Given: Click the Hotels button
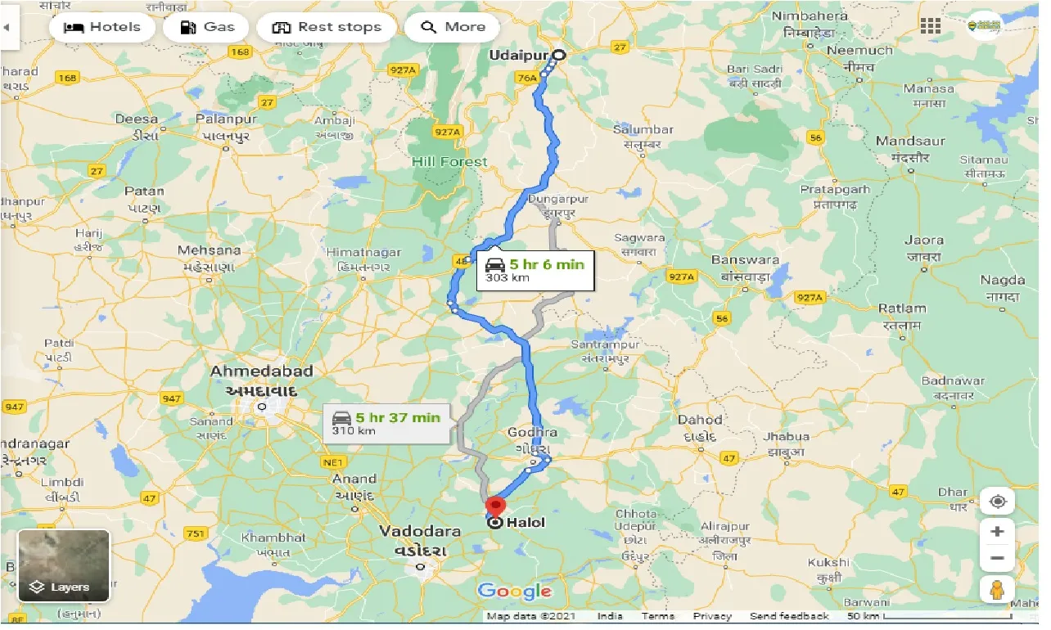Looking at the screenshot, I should [101, 27].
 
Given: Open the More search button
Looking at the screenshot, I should [452, 27].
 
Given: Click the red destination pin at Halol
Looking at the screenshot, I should [494, 506].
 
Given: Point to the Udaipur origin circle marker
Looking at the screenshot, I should [559, 55].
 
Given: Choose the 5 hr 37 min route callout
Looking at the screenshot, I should [386, 422].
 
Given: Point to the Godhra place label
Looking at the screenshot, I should [532, 432].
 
